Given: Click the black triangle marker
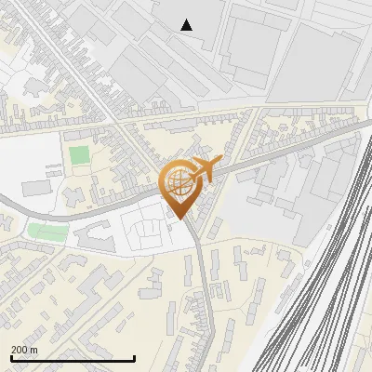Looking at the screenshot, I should (x=187, y=25).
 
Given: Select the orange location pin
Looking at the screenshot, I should (x=182, y=187).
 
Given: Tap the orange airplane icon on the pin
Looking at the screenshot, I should (x=206, y=168).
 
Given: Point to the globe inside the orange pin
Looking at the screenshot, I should (x=180, y=182).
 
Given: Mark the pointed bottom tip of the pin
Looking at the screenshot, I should (x=181, y=218).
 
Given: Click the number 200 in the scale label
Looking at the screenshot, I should (x=20, y=350).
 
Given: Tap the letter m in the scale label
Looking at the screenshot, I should (x=34, y=350).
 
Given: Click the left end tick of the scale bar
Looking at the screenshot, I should (x=11, y=357).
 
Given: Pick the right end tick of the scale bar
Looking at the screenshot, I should (x=134, y=357).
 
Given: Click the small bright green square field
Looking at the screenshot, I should (x=80, y=154).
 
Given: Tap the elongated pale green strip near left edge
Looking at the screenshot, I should (x=41, y=231).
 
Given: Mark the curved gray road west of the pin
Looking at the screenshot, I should (x=84, y=211).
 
